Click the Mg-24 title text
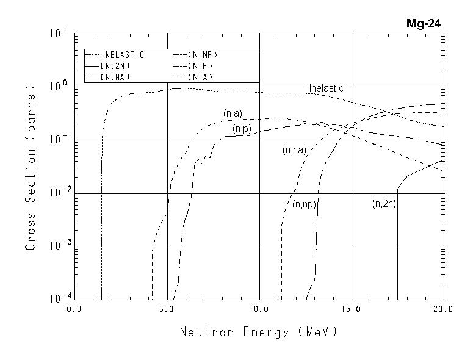pyautogui.click(x=424, y=24)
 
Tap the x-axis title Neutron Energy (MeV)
pyautogui.click(x=258, y=333)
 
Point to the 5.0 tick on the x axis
pyautogui.click(x=167, y=310)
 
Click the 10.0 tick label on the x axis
pyautogui.click(x=259, y=310)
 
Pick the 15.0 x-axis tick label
pyautogui.click(x=352, y=310)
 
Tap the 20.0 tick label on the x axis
pyautogui.click(x=443, y=310)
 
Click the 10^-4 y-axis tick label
pyautogui.click(x=58, y=300)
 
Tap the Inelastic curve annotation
pyautogui.click(x=326, y=88)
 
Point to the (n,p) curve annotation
pyautogui.click(x=242, y=129)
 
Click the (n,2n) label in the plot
pyautogui.click(x=384, y=204)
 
